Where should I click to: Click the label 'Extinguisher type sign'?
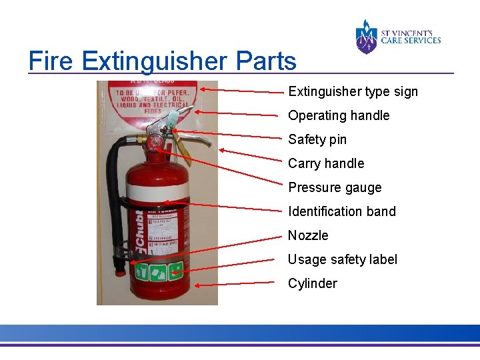tap(353, 91)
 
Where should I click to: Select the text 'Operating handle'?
tap(339, 115)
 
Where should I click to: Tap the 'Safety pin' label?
tap(317, 139)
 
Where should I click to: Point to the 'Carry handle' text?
tap(326, 163)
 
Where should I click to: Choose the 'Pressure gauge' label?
tap(335, 187)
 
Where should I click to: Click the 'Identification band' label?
tap(342, 211)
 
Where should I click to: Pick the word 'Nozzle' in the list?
tap(308, 235)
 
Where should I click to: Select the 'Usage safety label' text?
tap(343, 259)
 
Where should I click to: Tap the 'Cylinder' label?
tap(313, 283)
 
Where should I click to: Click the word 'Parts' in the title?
tap(265, 61)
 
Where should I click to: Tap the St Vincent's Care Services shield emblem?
tap(366, 37)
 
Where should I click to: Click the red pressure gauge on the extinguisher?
tap(155, 143)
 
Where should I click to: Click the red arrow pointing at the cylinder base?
tap(234, 283)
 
